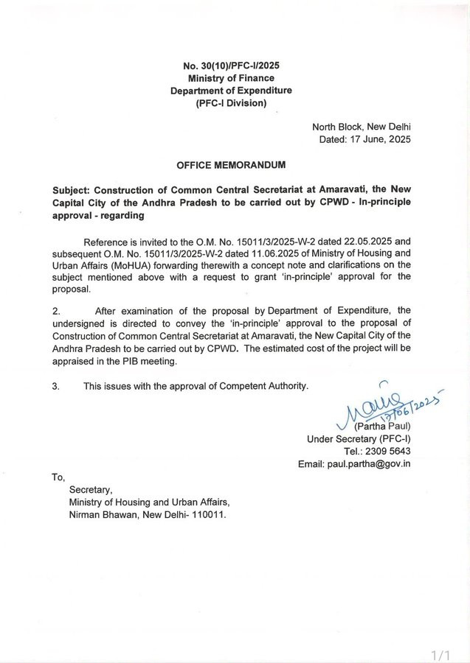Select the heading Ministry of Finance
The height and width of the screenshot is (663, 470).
click(x=231, y=78)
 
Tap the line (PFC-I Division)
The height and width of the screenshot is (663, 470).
click(x=231, y=103)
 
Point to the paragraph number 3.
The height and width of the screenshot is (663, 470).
click(x=55, y=385)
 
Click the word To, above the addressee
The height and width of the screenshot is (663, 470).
click(x=58, y=477)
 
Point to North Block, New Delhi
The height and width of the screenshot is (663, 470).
click(x=362, y=126)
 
